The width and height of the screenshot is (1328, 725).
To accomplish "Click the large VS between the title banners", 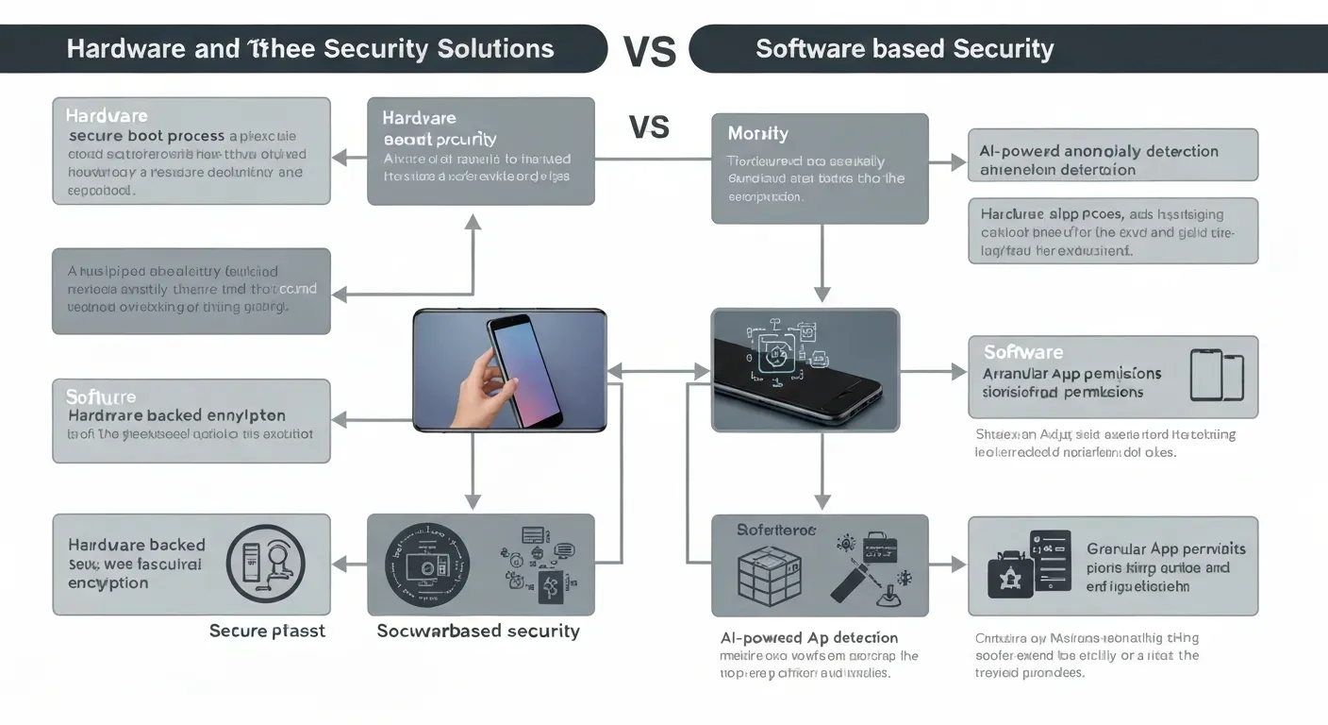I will pos(650,52).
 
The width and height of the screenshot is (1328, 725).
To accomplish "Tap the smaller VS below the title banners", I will pos(649,126).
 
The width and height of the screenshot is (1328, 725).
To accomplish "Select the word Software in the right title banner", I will pos(809,49).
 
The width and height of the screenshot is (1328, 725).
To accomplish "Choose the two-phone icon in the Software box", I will pos(1217,376).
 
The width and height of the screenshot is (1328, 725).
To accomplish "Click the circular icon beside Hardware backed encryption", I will pos(273,564).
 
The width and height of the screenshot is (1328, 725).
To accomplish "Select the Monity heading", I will pos(757,134).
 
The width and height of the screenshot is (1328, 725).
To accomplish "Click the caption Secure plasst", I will pos(267,631).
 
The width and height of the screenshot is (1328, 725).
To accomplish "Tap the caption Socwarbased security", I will pos(478,631).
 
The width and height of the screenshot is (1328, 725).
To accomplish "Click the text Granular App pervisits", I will pos(1166,548).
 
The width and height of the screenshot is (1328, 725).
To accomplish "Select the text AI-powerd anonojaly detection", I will pos(1099,151).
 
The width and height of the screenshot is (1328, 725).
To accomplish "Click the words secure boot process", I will pos(146,136).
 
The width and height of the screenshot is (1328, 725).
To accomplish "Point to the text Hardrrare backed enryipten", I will pos(176,415).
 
